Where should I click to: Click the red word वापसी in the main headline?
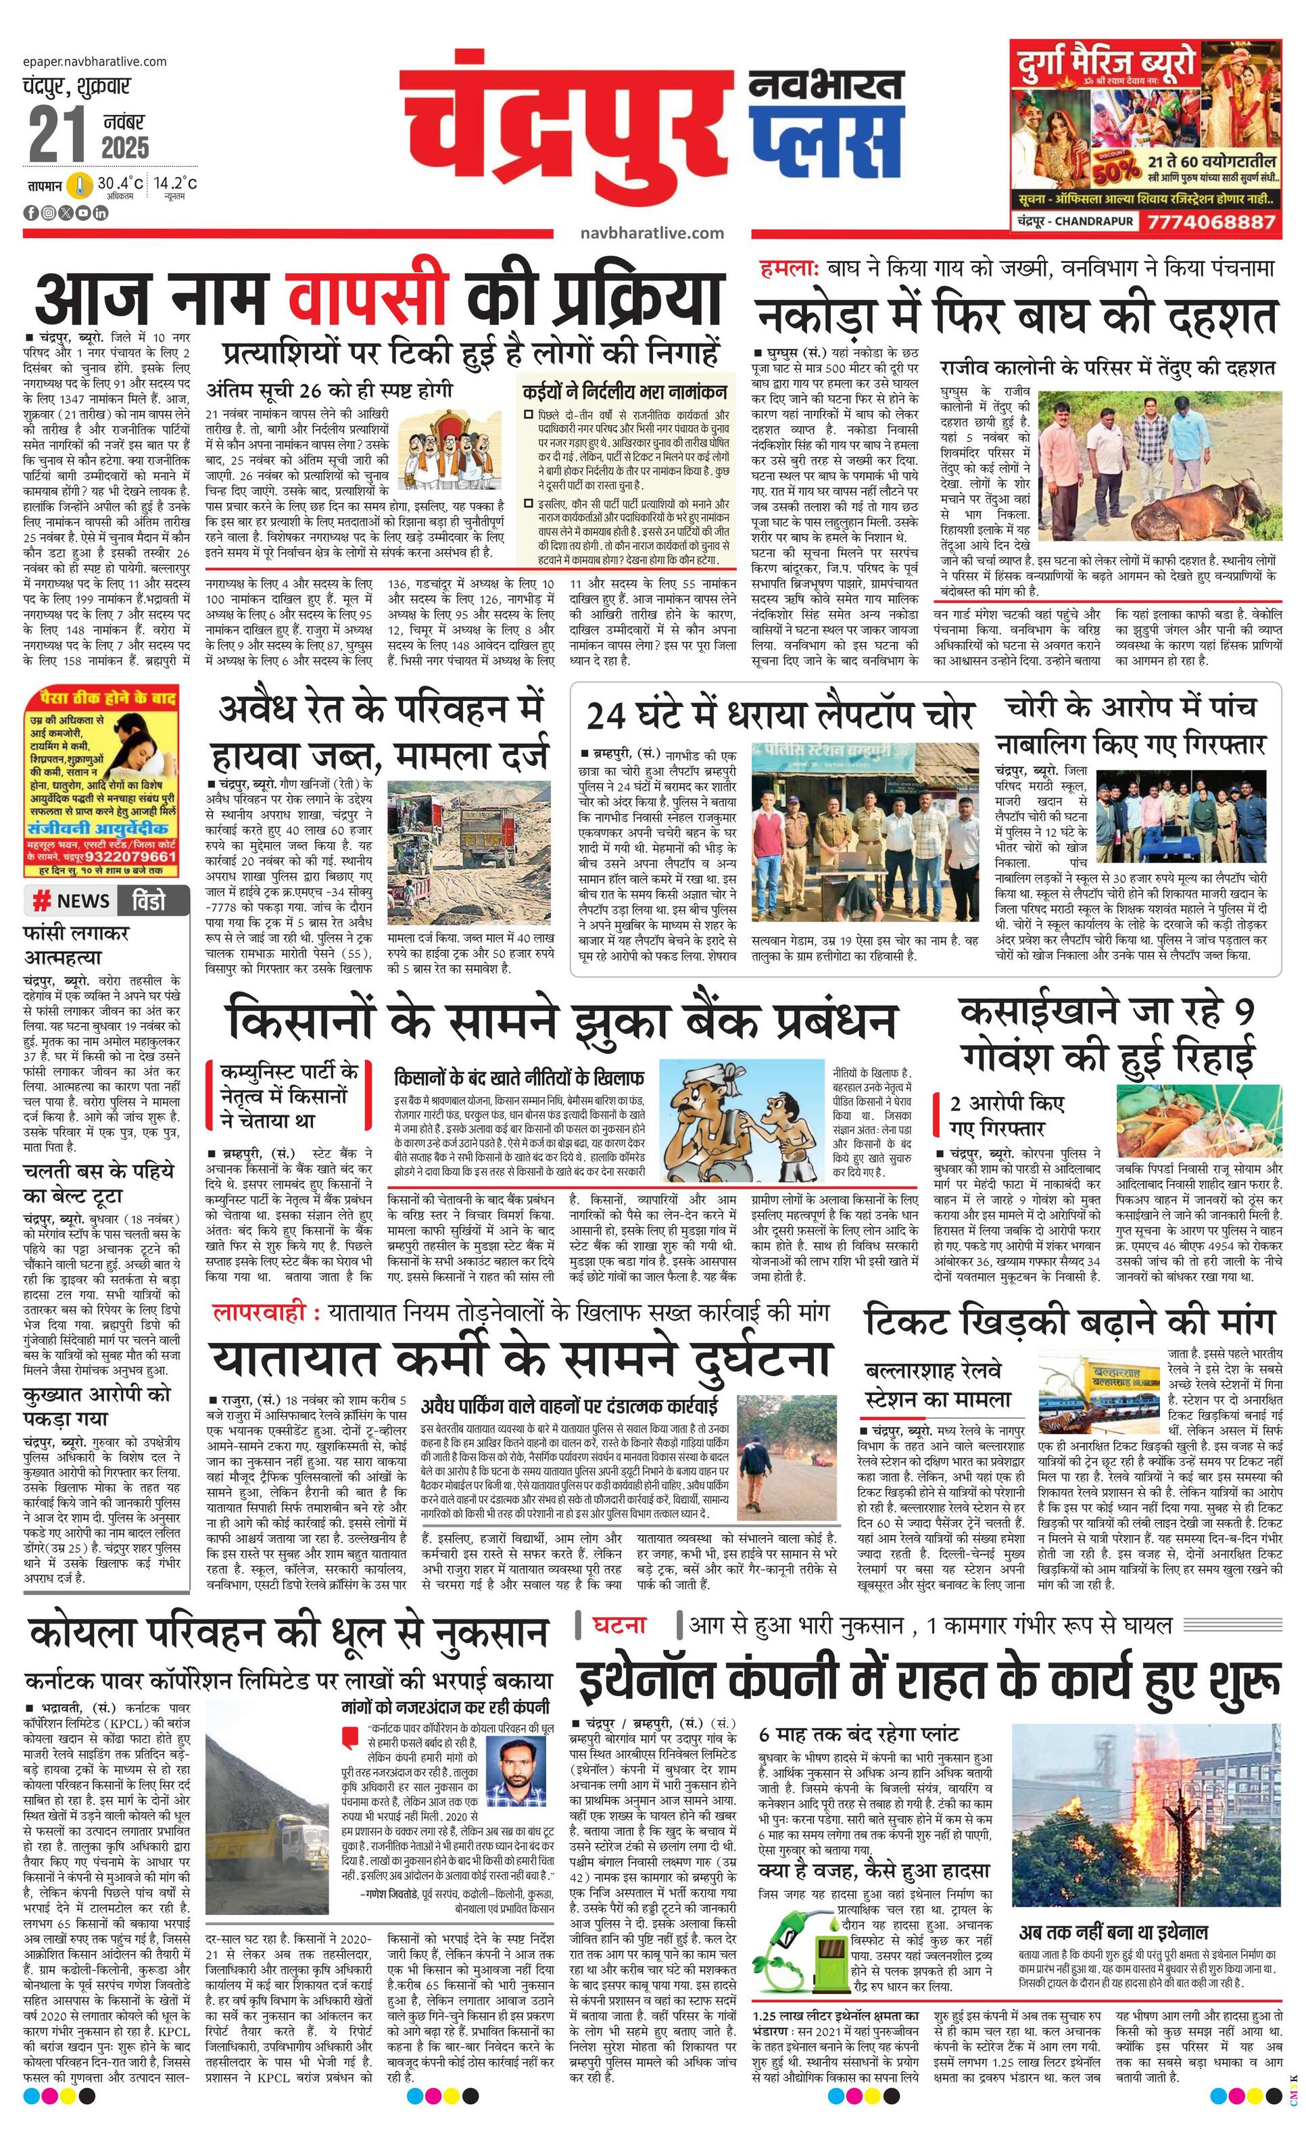click(370, 296)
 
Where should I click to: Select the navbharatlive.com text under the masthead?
click(652, 233)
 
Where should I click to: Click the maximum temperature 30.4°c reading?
click(119, 184)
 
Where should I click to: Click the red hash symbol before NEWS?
click(41, 900)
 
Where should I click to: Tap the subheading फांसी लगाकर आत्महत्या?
click(76, 945)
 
